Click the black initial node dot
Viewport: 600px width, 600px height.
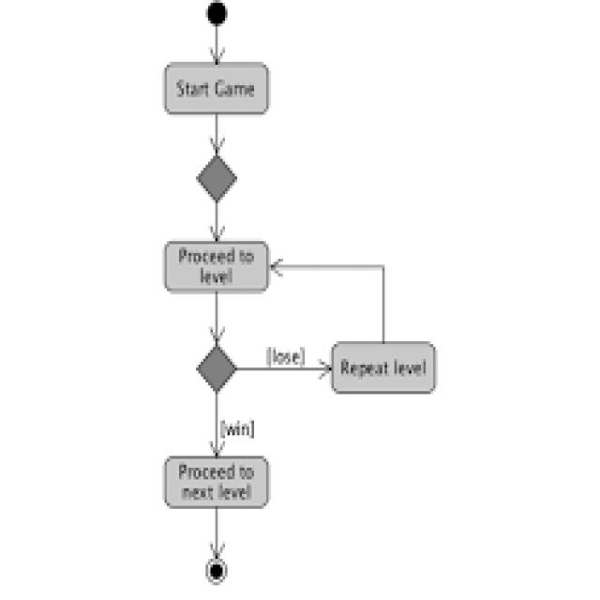(x=217, y=14)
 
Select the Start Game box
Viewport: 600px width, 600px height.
(x=217, y=89)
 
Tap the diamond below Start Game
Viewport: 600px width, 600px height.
(x=217, y=178)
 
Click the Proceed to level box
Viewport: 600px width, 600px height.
(x=217, y=267)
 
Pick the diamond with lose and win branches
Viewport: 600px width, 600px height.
(x=217, y=368)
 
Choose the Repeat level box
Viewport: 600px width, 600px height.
(x=383, y=367)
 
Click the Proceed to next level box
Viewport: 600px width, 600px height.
(x=217, y=481)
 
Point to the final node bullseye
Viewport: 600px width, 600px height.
(x=217, y=570)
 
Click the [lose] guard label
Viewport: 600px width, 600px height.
(x=285, y=356)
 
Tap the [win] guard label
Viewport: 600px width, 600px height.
(x=237, y=427)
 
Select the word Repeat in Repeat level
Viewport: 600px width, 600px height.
(x=363, y=367)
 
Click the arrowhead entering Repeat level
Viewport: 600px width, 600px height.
(x=326, y=368)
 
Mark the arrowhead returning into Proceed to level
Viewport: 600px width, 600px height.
(x=276, y=267)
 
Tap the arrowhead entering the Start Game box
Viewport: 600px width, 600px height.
(x=217, y=57)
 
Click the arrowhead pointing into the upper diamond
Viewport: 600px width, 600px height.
(x=217, y=150)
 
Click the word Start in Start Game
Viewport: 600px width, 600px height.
(x=193, y=90)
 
